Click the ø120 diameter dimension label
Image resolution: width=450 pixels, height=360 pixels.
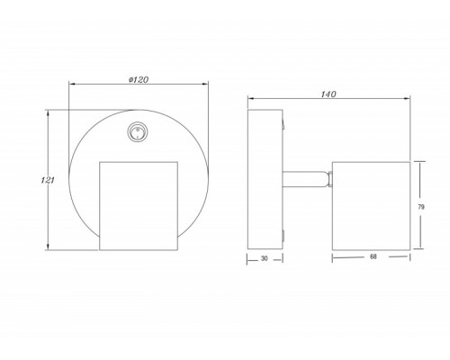click(139, 79)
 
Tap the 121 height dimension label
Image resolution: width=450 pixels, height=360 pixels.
click(48, 180)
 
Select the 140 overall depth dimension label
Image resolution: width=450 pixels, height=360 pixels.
click(328, 94)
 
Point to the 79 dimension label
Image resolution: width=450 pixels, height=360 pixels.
click(421, 207)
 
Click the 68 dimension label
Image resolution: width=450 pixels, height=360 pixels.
click(373, 256)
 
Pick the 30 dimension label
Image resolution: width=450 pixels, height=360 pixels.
click(264, 258)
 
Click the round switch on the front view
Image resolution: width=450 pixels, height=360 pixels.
click(137, 132)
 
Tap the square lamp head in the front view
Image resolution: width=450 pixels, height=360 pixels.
click(139, 206)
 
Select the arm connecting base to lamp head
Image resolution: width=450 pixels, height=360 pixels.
click(305, 179)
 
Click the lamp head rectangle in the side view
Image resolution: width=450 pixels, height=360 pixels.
click(371, 206)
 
